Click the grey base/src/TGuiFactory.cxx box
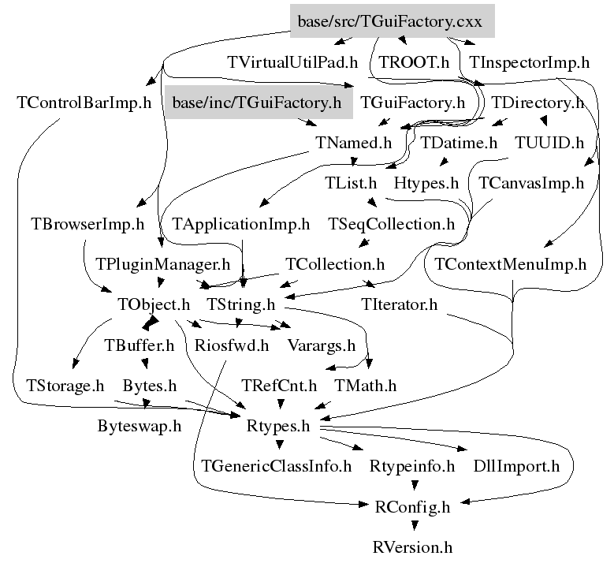click(x=391, y=22)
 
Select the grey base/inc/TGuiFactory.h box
click(x=256, y=103)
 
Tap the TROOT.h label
click(x=414, y=62)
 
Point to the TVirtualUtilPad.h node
click(x=292, y=62)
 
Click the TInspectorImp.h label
click(x=529, y=62)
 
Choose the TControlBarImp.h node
click(x=84, y=103)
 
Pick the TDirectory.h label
click(x=538, y=103)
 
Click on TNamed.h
click(x=352, y=144)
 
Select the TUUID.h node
click(x=549, y=144)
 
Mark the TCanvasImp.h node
click(x=531, y=184)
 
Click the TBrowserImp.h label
click(x=87, y=224)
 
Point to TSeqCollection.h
click(x=392, y=224)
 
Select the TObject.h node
click(x=154, y=304)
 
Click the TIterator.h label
click(x=399, y=304)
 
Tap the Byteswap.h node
click(x=140, y=427)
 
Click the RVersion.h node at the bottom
click(x=414, y=546)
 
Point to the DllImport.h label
click(x=516, y=466)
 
